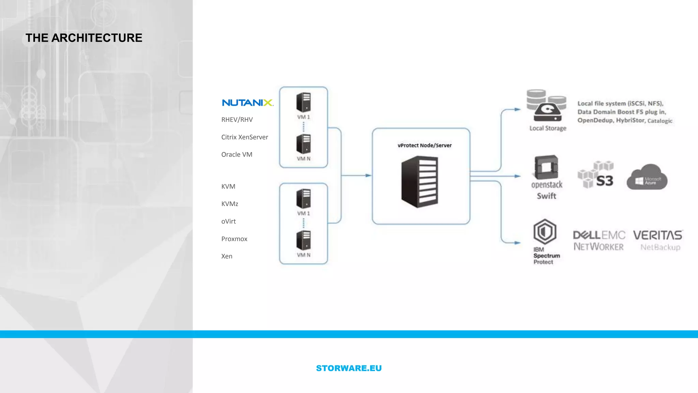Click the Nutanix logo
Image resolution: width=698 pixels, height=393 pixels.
247,103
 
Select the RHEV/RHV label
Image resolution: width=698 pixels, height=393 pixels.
237,120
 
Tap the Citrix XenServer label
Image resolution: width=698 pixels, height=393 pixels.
244,137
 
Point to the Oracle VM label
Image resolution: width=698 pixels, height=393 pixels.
237,155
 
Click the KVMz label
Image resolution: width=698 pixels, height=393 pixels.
229,204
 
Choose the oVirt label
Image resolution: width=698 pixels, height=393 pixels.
228,221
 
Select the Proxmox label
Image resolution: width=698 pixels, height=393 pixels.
234,239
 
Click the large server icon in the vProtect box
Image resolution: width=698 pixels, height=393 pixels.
420,181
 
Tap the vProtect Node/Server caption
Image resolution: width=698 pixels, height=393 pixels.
424,145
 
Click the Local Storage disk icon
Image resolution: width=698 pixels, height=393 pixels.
547,106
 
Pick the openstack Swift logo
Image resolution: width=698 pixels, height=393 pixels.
546,177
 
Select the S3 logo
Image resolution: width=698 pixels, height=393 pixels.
596,175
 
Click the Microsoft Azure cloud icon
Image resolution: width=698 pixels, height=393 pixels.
647,177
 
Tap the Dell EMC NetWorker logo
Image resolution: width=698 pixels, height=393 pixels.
599,241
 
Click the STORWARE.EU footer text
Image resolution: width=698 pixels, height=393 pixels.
349,368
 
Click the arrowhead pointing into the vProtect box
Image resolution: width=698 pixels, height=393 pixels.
368,175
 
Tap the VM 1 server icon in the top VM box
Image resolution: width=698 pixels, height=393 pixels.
303,102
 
